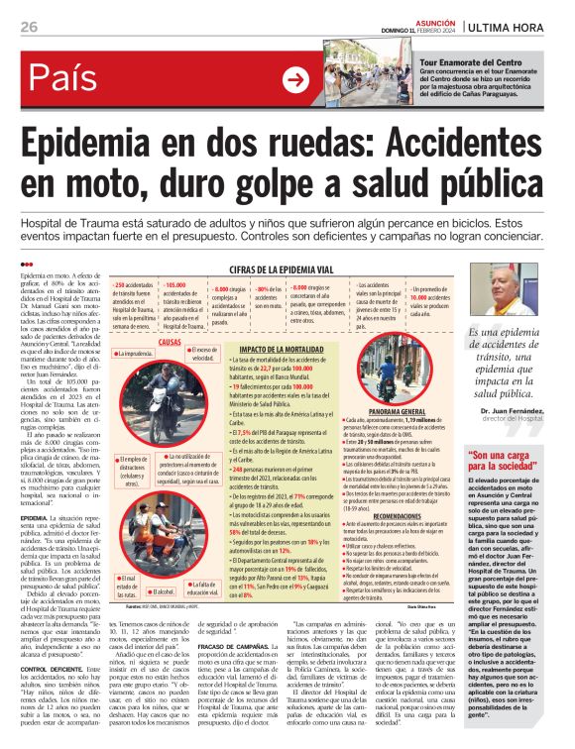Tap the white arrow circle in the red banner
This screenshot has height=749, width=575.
point(295,79)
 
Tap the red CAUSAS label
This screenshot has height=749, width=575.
point(170,341)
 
